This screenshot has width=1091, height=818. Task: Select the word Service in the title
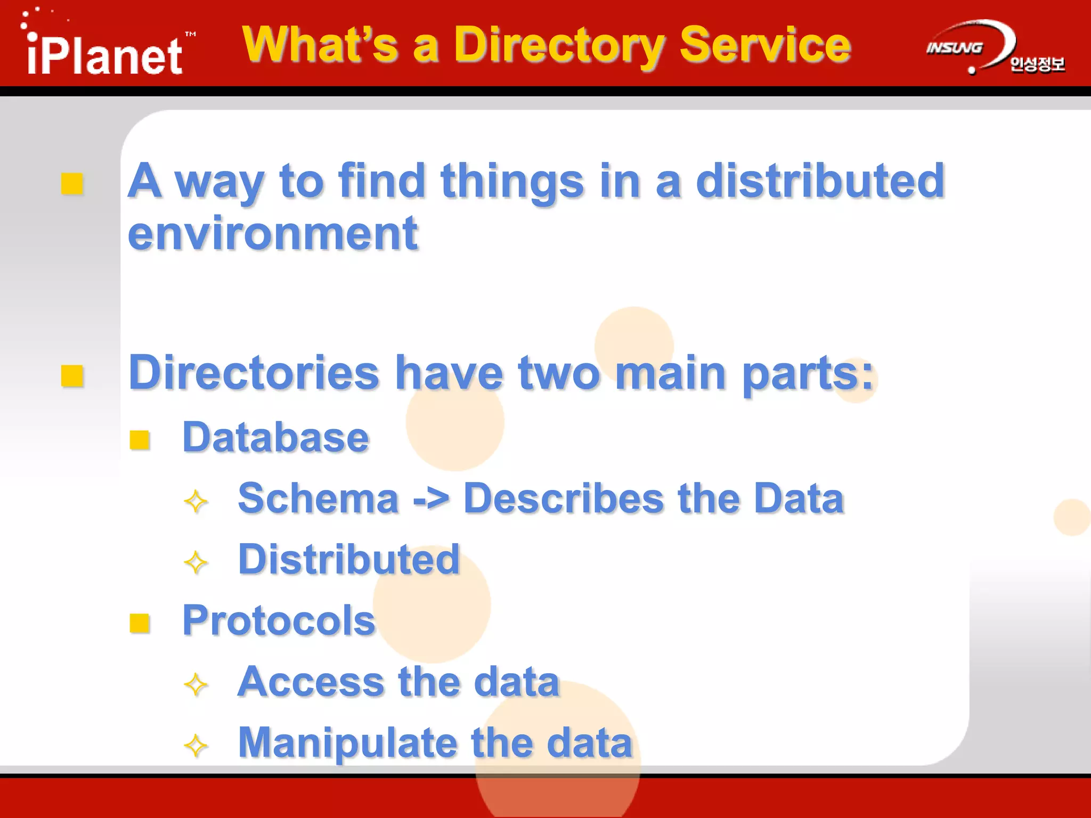[x=765, y=45]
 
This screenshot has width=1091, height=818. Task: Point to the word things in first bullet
[x=512, y=181]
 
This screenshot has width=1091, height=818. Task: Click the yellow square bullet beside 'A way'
[x=72, y=184]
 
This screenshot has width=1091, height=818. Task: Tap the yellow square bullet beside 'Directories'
[x=72, y=375]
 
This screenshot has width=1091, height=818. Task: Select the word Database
[x=275, y=437]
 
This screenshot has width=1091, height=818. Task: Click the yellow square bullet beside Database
[x=140, y=440]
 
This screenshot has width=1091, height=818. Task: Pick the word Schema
[x=319, y=498]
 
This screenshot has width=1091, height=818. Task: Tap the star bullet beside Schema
[x=196, y=501]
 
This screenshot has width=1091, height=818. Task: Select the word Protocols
[x=279, y=620]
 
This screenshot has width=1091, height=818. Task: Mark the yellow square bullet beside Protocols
[x=140, y=623]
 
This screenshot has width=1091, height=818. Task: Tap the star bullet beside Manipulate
[x=196, y=746]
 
